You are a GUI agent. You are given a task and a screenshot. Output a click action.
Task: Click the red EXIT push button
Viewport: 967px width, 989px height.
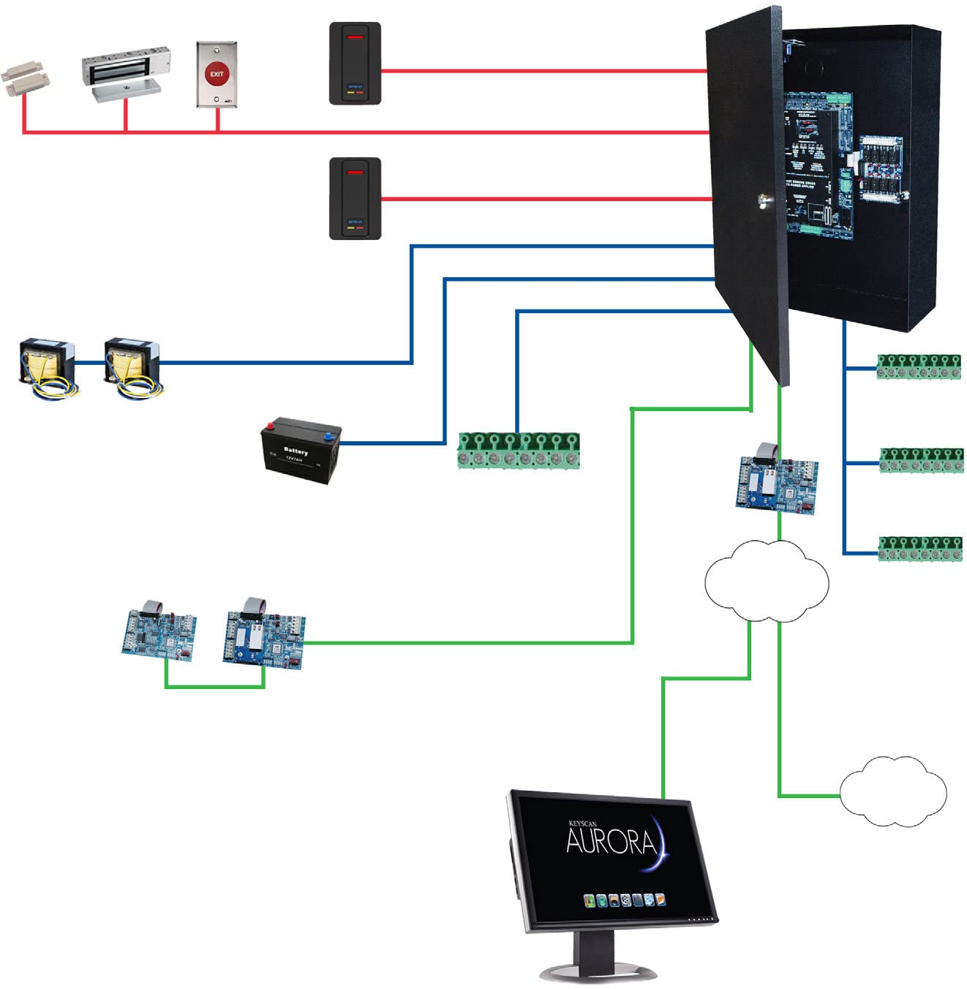coord(217,74)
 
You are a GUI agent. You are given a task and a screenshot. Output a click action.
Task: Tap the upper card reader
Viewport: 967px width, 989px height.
coord(355,64)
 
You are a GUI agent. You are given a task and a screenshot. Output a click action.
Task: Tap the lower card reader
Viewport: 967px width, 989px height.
coord(355,198)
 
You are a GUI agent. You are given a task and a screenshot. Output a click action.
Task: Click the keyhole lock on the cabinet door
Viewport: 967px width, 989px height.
coord(764,199)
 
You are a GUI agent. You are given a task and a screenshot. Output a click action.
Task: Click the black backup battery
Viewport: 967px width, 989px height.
coord(301,450)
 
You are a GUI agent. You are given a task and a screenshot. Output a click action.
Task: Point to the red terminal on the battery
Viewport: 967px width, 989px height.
coord(271,424)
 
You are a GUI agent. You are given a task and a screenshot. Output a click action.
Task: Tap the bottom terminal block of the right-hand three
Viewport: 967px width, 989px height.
coord(920,549)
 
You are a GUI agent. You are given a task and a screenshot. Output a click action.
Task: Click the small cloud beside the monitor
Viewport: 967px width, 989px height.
coord(892,792)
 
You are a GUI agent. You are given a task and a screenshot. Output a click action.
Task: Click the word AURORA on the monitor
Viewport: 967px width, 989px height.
coord(610,841)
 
